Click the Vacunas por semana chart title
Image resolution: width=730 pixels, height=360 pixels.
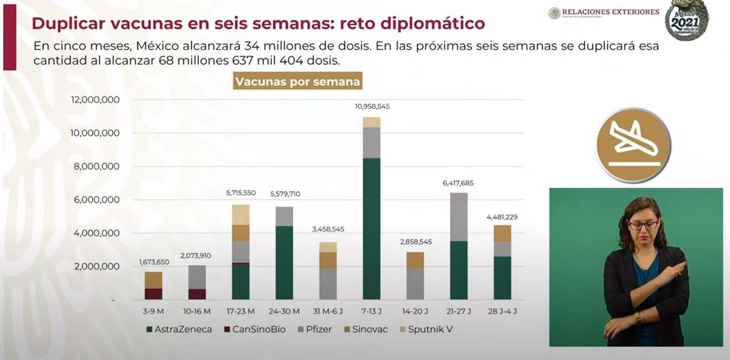297,81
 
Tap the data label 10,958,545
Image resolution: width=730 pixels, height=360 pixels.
372,106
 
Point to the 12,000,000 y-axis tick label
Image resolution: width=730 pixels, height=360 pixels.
96,100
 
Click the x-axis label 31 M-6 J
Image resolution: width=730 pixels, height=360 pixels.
328,311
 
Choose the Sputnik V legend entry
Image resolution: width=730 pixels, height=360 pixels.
425,330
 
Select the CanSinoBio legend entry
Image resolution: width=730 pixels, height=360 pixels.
255,330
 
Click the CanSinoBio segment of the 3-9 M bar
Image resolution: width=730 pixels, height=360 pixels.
153,294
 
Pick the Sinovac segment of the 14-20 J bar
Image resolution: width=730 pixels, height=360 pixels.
415,260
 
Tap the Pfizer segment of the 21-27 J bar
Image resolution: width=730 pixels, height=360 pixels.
459,217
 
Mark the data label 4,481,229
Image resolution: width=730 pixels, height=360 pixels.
502,217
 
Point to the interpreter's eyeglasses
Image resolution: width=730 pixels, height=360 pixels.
643,225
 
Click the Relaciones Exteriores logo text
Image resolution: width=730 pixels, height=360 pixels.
610,12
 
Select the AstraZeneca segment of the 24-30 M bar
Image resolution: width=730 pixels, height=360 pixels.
285,263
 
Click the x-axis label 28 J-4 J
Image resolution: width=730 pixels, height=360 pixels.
502,311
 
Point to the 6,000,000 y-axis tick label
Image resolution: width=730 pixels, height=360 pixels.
96,200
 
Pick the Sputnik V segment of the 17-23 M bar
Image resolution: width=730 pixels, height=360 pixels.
241,215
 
